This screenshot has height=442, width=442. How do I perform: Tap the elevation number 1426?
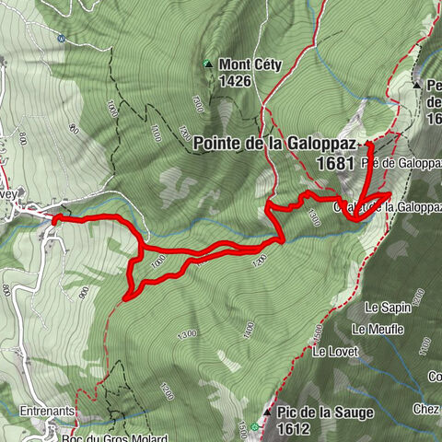coord(237,80)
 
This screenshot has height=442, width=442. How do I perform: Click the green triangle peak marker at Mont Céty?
coord(208,64)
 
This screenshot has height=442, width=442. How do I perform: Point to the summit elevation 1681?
coord(335,161)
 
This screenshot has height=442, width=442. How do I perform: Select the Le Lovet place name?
coord(332,351)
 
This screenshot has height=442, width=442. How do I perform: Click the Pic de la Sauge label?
coord(324,413)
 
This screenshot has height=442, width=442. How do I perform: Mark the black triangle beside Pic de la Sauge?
coord(267,413)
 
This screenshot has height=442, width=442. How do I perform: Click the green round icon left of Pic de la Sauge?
coord(255,426)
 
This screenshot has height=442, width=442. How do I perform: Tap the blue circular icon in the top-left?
coord(61,39)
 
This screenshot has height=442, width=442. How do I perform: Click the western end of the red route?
coord(53,218)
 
